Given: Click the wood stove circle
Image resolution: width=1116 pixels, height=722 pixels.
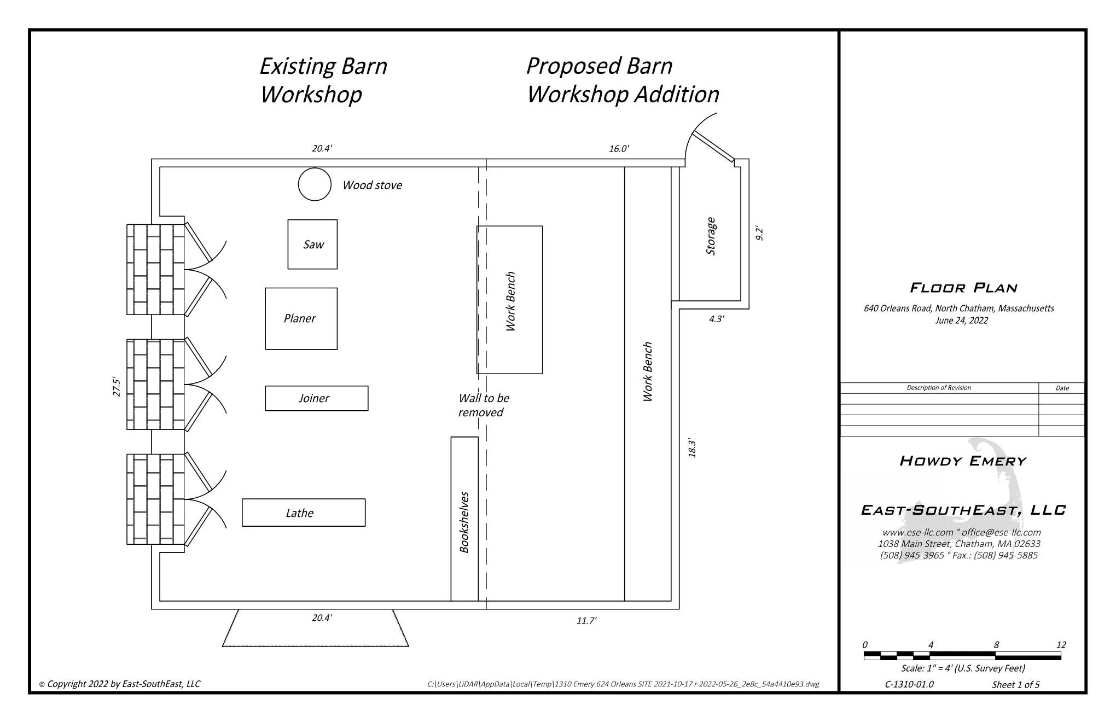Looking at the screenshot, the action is [x=315, y=184].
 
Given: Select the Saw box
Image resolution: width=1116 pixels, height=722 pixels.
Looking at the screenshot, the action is [x=312, y=244].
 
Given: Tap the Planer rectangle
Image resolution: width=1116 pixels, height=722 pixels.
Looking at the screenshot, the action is [x=301, y=318].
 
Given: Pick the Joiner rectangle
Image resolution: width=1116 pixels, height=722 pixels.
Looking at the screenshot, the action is [x=316, y=398].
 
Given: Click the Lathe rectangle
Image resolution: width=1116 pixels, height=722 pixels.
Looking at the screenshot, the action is [x=303, y=513].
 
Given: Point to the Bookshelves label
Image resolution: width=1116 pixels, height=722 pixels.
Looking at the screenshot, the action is [x=464, y=522].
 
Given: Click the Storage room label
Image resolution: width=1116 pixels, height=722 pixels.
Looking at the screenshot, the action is [x=711, y=236].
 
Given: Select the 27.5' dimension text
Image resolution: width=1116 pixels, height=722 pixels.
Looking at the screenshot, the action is [x=117, y=386].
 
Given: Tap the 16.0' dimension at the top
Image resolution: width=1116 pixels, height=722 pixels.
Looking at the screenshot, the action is [x=619, y=149].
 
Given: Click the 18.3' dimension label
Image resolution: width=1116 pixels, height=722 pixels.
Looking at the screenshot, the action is [x=692, y=447].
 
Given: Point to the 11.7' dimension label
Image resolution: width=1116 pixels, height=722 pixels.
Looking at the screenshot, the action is [x=586, y=621].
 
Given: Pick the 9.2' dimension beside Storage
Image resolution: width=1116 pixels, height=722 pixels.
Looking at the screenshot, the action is [x=759, y=233].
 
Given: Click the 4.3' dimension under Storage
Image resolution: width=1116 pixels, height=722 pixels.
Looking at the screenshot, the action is [x=716, y=319].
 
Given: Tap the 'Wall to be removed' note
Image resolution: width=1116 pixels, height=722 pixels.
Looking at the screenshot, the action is [x=484, y=405].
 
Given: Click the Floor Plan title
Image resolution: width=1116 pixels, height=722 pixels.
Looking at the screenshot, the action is [x=963, y=288].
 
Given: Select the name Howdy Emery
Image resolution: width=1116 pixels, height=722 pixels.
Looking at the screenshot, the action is [x=963, y=461].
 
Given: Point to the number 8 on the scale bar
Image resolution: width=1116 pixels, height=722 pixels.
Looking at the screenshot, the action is [x=996, y=645].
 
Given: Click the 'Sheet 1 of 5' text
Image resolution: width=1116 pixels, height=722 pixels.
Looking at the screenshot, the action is [x=1015, y=685].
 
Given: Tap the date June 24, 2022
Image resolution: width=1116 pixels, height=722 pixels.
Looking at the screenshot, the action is [x=961, y=321].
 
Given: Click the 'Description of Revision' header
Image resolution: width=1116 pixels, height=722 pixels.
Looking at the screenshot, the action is [x=939, y=388].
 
